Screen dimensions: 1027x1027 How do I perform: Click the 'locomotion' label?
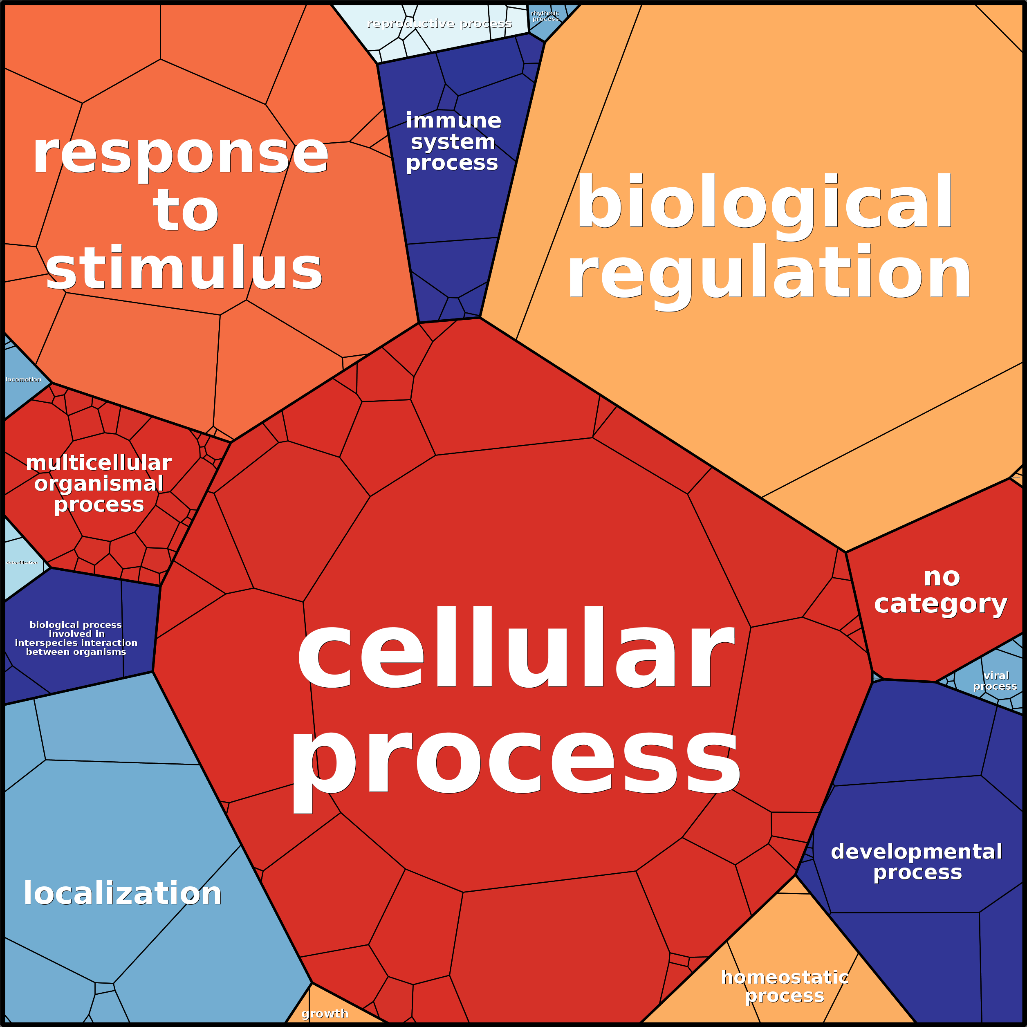[23, 379]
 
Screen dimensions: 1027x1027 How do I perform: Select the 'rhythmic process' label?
[545, 16]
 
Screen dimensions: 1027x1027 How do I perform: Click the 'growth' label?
[325, 1014]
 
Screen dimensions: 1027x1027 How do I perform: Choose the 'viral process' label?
[995, 681]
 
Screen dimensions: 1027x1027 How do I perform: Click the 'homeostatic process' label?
[785, 986]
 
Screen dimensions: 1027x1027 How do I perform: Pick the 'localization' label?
[123, 894]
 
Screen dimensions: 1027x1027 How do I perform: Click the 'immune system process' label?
[453, 142]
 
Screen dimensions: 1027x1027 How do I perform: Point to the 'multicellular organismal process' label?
[99, 484]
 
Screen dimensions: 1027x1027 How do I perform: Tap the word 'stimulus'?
[184, 269]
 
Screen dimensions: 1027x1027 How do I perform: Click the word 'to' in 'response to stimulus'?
[186, 211]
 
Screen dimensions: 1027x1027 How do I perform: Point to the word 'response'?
[181, 154]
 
